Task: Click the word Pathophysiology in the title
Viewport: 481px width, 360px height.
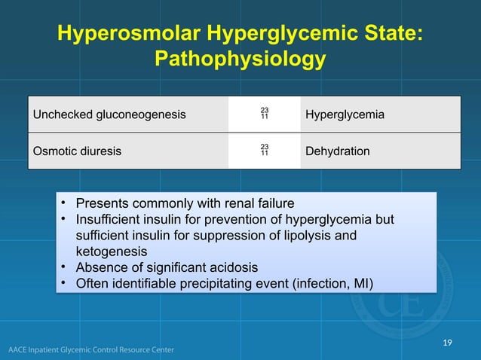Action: tap(240, 59)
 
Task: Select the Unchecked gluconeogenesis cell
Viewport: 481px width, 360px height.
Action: tap(109, 115)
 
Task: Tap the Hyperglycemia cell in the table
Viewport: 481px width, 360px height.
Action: tap(345, 115)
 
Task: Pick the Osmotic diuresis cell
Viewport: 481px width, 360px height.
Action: tap(76, 151)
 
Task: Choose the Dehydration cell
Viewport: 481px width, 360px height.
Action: tap(338, 151)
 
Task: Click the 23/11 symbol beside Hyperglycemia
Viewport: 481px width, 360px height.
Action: tap(265, 114)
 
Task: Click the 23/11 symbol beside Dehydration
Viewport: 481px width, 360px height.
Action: tap(265, 150)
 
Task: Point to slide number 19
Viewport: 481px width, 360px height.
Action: tap(448, 343)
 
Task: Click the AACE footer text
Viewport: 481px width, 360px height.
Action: tap(91, 349)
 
